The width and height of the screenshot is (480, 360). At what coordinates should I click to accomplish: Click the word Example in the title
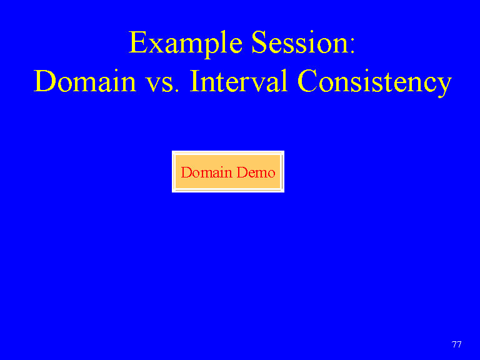coord(186,44)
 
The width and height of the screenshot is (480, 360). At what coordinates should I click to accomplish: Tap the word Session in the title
coord(299,42)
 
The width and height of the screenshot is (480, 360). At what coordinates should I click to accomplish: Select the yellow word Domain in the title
coord(85,81)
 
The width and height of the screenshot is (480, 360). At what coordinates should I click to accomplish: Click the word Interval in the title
coord(239,81)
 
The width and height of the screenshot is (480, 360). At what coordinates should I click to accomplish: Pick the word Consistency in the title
coord(375,82)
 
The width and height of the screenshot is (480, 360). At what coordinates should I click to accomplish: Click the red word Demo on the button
coord(256,172)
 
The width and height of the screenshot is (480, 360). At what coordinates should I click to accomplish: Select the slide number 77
coord(456,344)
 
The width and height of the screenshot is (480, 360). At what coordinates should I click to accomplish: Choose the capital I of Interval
coord(195,81)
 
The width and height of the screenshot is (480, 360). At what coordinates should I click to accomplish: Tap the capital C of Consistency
coord(307,81)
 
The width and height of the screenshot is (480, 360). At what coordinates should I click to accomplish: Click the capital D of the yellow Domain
coord(45,81)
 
